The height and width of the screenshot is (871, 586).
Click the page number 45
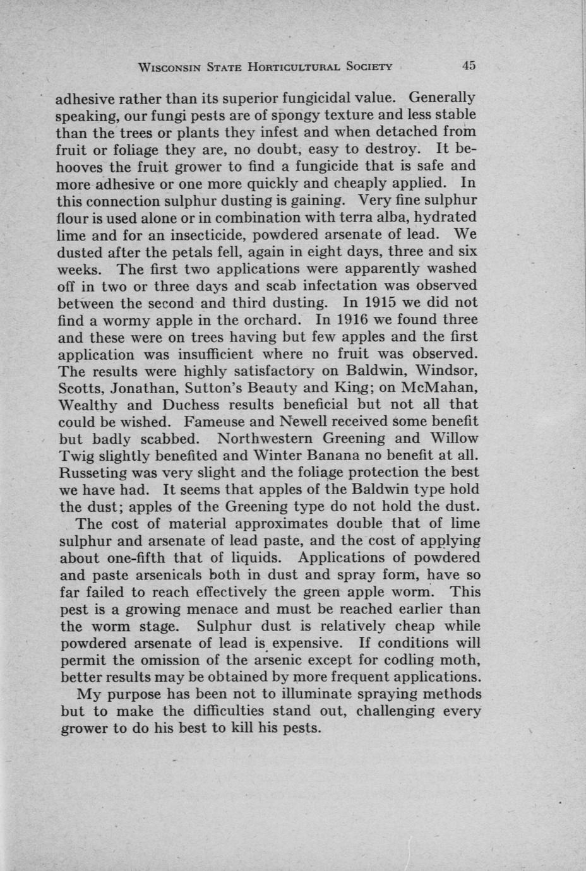coord(468,65)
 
